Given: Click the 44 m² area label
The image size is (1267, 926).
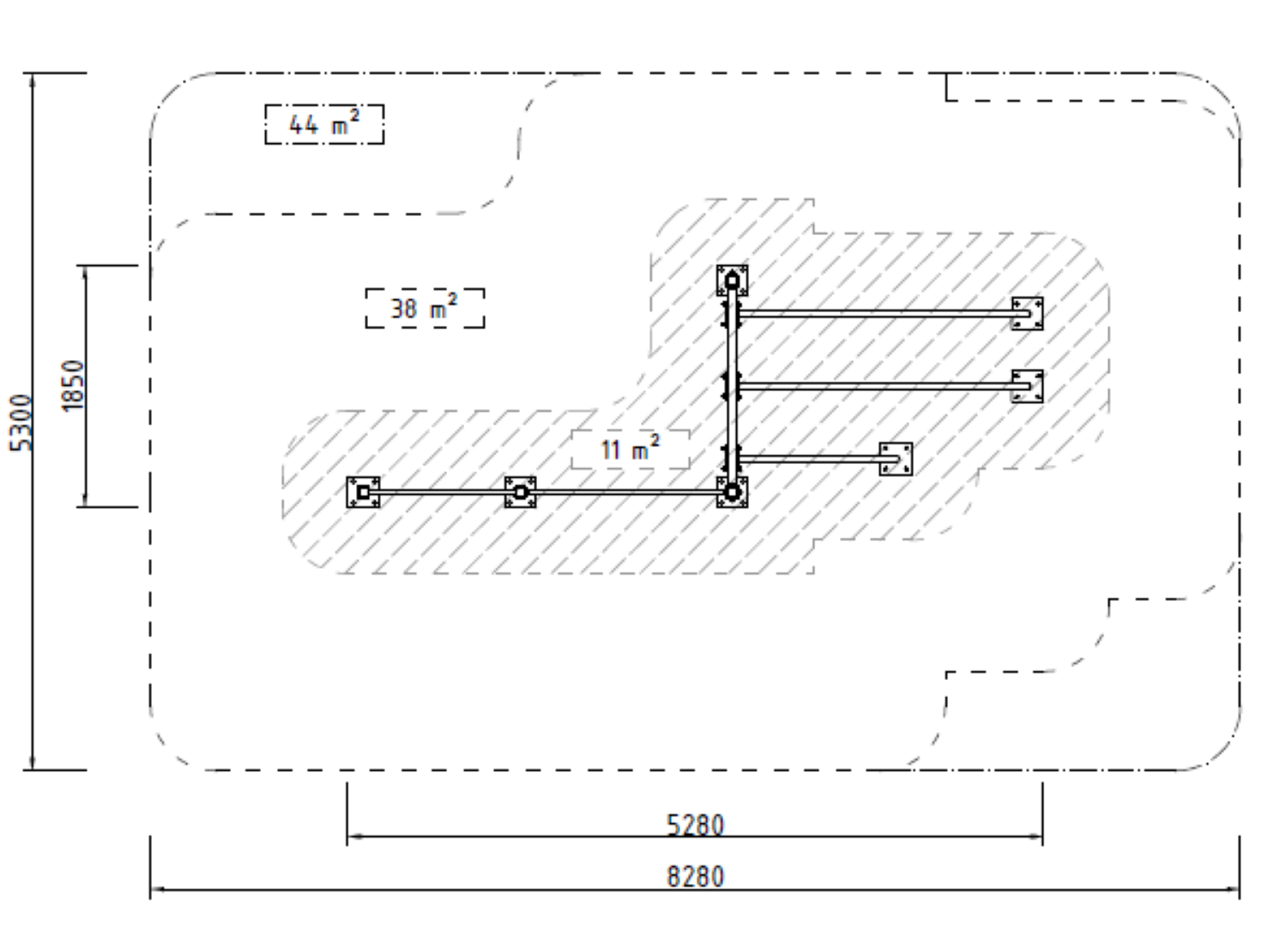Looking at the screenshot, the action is pos(324,123).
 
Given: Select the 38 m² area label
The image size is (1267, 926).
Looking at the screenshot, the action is pos(425,308).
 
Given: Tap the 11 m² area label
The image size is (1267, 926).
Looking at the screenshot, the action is pos(630,449).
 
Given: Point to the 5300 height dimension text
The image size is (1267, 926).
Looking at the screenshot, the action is pos(21,423).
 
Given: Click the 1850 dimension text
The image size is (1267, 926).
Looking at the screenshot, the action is pos(73,386).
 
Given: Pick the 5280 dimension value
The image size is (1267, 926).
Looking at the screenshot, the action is pos(695,826).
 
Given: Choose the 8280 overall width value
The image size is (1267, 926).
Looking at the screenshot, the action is pos(695,877).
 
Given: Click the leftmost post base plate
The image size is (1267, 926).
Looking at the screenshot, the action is pos(363,492).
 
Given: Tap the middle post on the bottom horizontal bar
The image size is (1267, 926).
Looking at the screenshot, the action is pos(521,492).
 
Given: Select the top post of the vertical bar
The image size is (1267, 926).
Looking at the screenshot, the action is pos(732,280).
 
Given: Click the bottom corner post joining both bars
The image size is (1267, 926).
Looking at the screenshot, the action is pos(732,492).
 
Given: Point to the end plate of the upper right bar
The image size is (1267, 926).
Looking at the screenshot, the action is pos(1027,313).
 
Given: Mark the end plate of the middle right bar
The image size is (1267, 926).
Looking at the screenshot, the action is pos(1027,386).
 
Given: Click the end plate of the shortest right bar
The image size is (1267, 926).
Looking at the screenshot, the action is pos(896,459).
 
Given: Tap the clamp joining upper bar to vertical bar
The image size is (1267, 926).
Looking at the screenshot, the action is pos(732,314).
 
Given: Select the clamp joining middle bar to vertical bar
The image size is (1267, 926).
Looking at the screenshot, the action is pos(732,386).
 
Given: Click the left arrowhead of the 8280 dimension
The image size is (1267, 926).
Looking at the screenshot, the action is pos(157,889).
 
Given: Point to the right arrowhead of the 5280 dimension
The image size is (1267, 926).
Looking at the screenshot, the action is pos(1035,836).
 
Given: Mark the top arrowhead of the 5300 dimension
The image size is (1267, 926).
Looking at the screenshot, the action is pos(33,80).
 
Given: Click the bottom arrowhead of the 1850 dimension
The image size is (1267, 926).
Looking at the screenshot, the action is pos(86,500).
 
